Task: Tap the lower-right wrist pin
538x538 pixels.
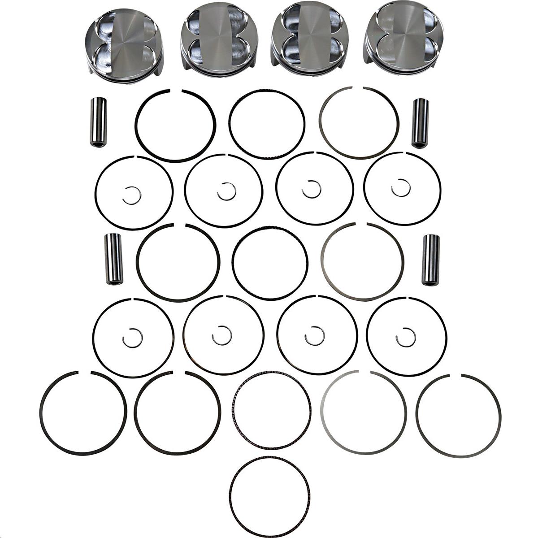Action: pyautogui.click(x=431, y=260)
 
